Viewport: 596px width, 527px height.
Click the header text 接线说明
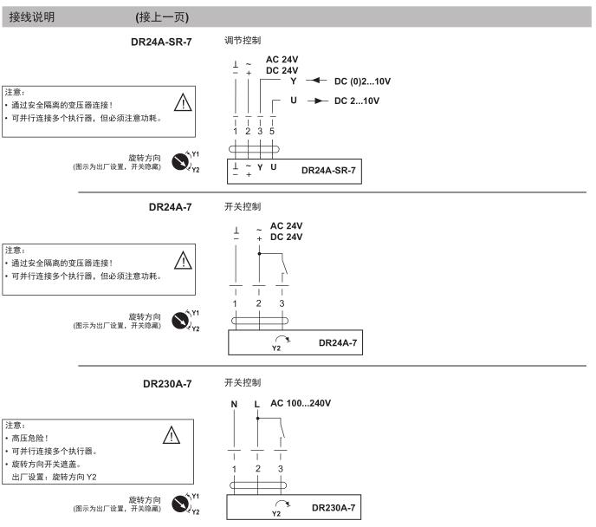click(x=32, y=17)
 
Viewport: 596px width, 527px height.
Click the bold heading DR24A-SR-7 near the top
click(x=161, y=42)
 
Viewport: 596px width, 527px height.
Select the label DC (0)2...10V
click(x=362, y=81)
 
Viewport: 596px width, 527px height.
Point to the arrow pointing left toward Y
click(x=317, y=81)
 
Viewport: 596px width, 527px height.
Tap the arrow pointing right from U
click(x=318, y=101)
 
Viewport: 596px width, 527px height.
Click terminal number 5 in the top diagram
click(x=272, y=131)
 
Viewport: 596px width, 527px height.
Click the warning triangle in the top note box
click(x=183, y=102)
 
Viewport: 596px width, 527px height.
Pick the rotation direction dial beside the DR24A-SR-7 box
click(x=180, y=161)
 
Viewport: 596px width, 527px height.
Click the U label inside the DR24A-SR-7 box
click(x=273, y=167)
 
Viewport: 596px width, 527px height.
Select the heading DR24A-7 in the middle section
click(x=171, y=207)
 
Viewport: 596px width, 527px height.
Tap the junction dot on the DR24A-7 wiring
click(x=259, y=253)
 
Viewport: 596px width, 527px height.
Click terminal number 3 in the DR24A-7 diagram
click(x=282, y=303)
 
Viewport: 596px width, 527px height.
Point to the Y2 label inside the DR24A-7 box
click(x=276, y=348)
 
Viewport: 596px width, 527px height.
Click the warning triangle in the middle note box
click(x=183, y=260)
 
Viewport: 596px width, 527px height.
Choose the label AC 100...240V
click(x=301, y=403)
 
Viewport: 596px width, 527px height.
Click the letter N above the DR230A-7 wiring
click(x=234, y=404)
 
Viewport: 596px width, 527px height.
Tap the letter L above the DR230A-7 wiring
click(x=257, y=404)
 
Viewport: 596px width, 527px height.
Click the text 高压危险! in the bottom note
click(x=30, y=438)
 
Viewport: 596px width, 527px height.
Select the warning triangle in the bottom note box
click(x=172, y=435)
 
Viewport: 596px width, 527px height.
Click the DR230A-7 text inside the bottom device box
click(x=334, y=508)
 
